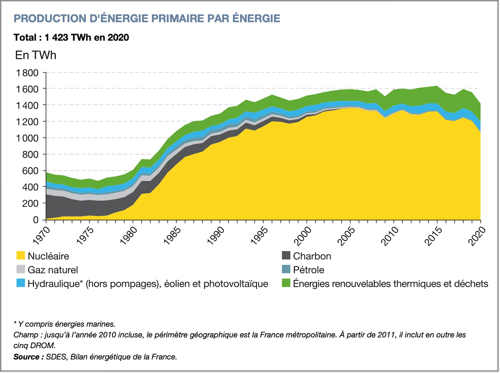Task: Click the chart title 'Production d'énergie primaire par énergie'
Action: click(147, 18)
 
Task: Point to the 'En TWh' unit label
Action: click(36, 55)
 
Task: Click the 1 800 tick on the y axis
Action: click(27, 73)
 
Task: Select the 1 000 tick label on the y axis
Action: click(27, 138)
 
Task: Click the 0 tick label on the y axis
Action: click(36, 220)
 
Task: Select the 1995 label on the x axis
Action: click(259, 236)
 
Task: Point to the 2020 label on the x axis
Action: click(477, 236)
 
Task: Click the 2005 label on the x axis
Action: click(346, 236)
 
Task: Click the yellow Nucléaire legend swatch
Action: click(21, 256)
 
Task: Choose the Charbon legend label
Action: click(312, 256)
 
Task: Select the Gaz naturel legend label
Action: click(53, 270)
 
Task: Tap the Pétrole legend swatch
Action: click(286, 269)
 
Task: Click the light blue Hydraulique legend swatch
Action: click(21, 283)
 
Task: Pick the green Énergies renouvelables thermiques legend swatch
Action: click(286, 283)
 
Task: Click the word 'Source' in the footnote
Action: click(28, 357)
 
